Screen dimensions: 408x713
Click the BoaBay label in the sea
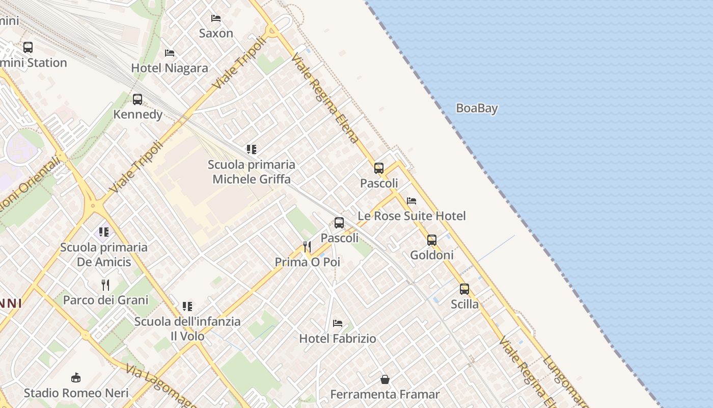click(477, 108)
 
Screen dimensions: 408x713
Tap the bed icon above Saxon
click(216, 18)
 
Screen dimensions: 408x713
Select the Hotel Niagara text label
click(170, 68)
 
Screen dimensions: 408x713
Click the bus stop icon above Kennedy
click(138, 99)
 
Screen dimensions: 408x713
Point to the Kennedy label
click(138, 114)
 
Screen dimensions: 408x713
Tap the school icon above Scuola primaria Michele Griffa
click(252, 149)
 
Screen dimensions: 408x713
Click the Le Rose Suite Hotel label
click(412, 216)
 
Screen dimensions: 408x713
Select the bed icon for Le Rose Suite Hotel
click(412, 201)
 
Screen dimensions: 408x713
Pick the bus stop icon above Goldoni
click(432, 240)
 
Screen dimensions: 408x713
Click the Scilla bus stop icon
click(464, 289)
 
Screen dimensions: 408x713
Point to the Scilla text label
click(464, 304)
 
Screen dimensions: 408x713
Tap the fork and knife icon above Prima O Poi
click(307, 247)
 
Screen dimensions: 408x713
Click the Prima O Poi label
click(307, 262)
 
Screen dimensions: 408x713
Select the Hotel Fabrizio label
click(338, 338)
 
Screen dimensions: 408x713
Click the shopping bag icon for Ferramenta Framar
click(385, 379)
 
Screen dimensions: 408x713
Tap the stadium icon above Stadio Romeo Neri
click(76, 378)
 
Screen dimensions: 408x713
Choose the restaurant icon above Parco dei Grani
click(105, 285)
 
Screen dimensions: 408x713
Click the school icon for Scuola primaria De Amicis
click(104, 233)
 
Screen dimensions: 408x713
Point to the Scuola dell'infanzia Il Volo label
click(187, 329)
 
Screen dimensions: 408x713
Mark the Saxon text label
click(216, 34)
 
